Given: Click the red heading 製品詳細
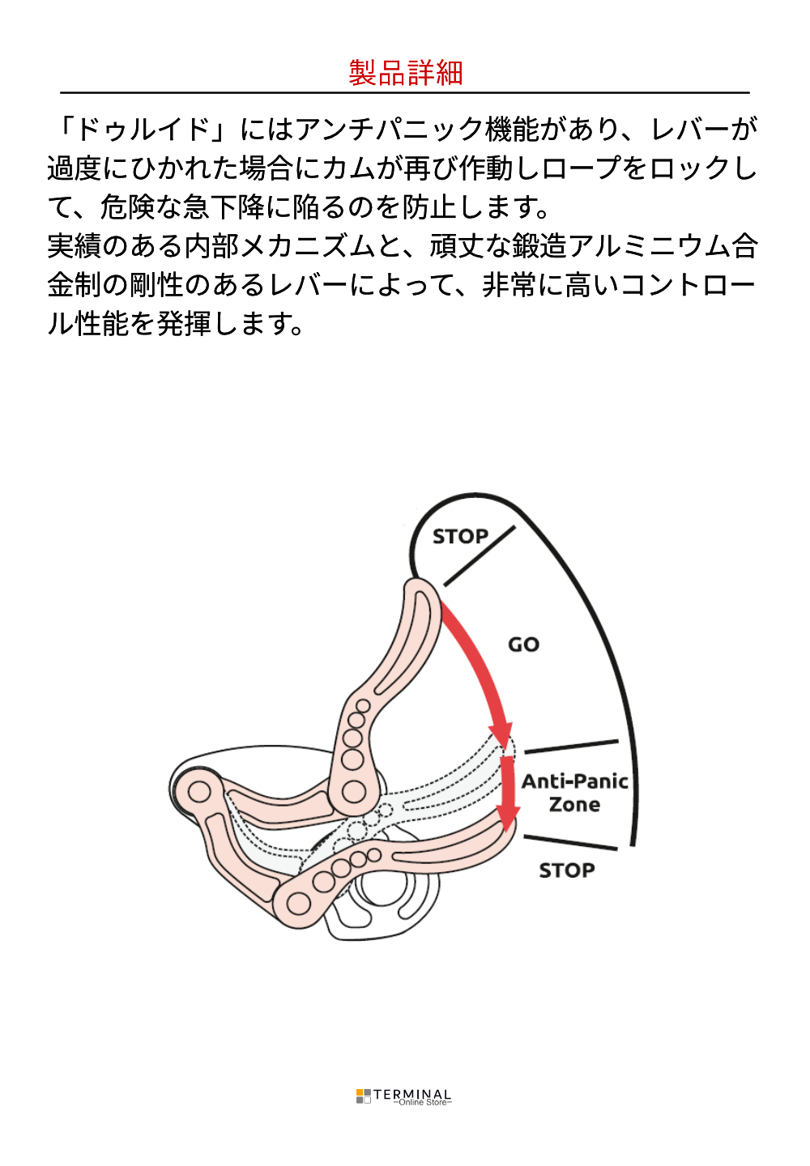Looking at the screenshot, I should (405, 73).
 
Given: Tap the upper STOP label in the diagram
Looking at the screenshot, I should (460, 536).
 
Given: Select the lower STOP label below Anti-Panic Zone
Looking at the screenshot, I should (567, 870).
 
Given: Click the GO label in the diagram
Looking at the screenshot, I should (523, 645).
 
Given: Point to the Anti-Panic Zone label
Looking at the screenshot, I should (574, 793).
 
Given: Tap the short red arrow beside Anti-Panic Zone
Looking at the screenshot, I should (508, 794).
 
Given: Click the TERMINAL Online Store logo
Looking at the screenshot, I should (404, 1097).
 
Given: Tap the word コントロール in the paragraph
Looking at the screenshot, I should (688, 285).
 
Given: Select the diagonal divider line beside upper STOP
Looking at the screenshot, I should (480, 555).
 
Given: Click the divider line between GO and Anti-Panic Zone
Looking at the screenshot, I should (571, 747).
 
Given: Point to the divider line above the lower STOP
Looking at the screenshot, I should (570, 842).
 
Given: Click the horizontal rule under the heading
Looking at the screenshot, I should (405, 93).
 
